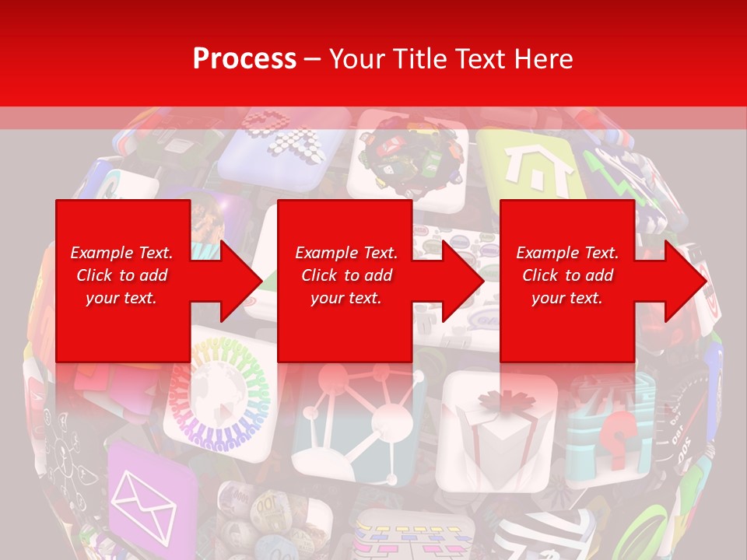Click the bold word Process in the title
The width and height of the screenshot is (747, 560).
pyautogui.click(x=244, y=59)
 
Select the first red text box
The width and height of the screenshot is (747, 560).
pyautogui.click(x=123, y=280)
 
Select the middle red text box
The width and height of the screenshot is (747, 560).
pyautogui.click(x=345, y=280)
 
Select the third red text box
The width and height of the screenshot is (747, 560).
pyautogui.click(x=566, y=280)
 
